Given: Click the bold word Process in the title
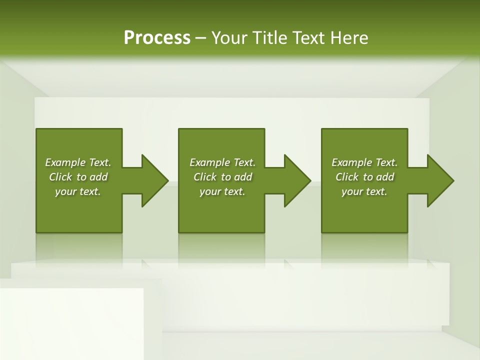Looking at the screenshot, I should tap(157, 37).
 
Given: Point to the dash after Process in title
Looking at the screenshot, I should tap(201, 38).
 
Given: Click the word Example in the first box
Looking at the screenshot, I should tap(65, 162).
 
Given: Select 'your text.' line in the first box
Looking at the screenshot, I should tap(78, 191).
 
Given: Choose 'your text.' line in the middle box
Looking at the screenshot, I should tap(222, 191).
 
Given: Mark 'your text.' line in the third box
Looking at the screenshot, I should tap(364, 191).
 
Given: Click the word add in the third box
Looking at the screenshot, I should tap(385, 177).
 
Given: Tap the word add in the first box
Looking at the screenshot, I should tap(99, 177).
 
